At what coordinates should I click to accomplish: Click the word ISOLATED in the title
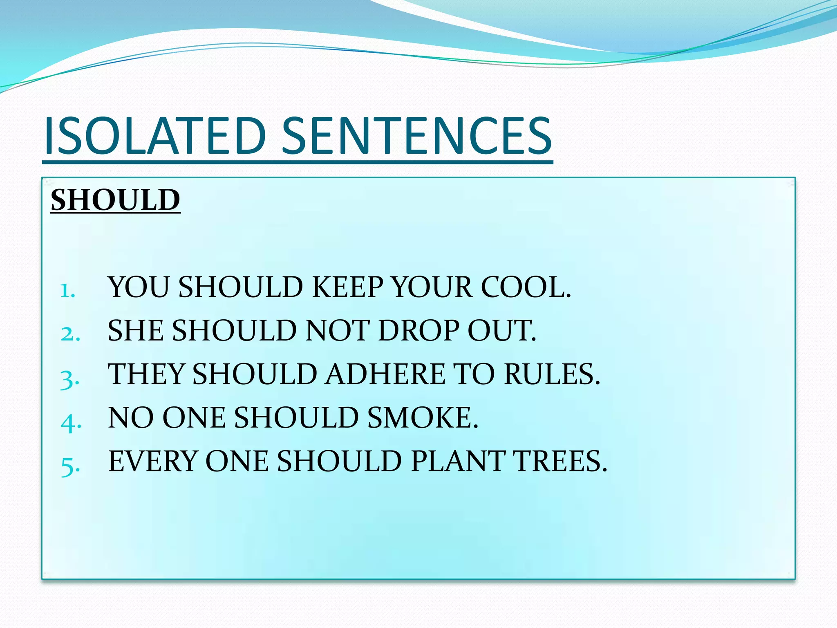155,136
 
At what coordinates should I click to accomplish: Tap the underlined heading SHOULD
115,200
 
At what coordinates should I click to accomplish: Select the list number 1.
68,291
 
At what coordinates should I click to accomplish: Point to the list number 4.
71,422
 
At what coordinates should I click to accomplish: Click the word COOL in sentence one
525,287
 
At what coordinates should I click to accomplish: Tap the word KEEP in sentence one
347,287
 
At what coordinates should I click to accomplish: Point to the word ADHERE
385,374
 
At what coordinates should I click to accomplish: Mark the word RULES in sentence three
552,374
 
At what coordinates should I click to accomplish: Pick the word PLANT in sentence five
458,461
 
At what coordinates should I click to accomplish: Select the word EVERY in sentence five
153,461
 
